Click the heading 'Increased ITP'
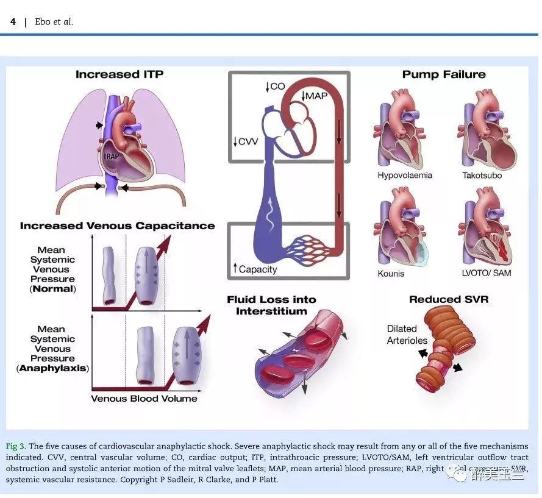point(119,74)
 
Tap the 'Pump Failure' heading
point(444,74)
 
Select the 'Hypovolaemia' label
point(404,176)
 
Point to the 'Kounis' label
point(391,273)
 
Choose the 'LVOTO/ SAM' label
point(486,273)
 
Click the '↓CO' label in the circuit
point(275,87)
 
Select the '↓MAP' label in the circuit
point(315,96)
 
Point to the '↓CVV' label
point(246,142)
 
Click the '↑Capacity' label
point(254,269)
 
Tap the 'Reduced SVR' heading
point(449,299)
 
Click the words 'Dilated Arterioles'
point(407,335)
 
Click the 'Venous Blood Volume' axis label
point(144,399)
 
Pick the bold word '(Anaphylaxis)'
point(52,368)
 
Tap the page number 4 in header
point(13,22)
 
